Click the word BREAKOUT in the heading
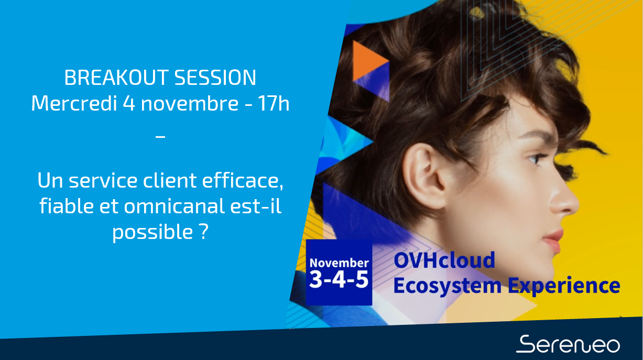click(x=116, y=78)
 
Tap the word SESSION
click(x=215, y=78)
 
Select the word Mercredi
click(x=74, y=103)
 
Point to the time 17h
click(x=274, y=103)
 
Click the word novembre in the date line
click(x=190, y=103)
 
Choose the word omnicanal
click(x=174, y=206)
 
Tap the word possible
click(x=152, y=232)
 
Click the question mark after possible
click(x=203, y=231)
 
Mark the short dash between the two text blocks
click(x=160, y=137)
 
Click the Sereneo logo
click(x=568, y=344)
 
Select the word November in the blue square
click(x=339, y=263)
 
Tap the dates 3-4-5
click(x=339, y=279)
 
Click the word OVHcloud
click(x=444, y=260)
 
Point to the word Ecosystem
click(x=447, y=286)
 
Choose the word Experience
click(x=564, y=286)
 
